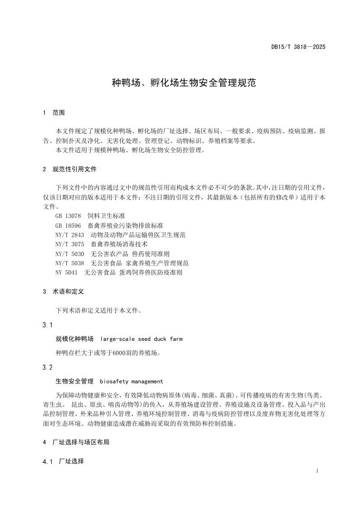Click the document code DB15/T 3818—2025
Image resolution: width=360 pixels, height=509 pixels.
click(298, 47)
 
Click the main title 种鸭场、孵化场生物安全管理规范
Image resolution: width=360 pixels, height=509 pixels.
click(180, 83)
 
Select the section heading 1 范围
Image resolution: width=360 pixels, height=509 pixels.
click(54, 113)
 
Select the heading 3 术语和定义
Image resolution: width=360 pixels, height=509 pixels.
click(63, 291)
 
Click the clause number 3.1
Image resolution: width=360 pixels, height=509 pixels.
click(47, 325)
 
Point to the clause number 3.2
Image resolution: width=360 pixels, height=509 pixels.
click(47, 367)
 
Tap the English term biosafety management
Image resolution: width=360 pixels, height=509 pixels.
click(131, 381)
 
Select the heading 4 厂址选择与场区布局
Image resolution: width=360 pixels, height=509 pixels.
click(76, 443)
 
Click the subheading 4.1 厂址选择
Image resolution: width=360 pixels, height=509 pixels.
click(63, 462)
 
